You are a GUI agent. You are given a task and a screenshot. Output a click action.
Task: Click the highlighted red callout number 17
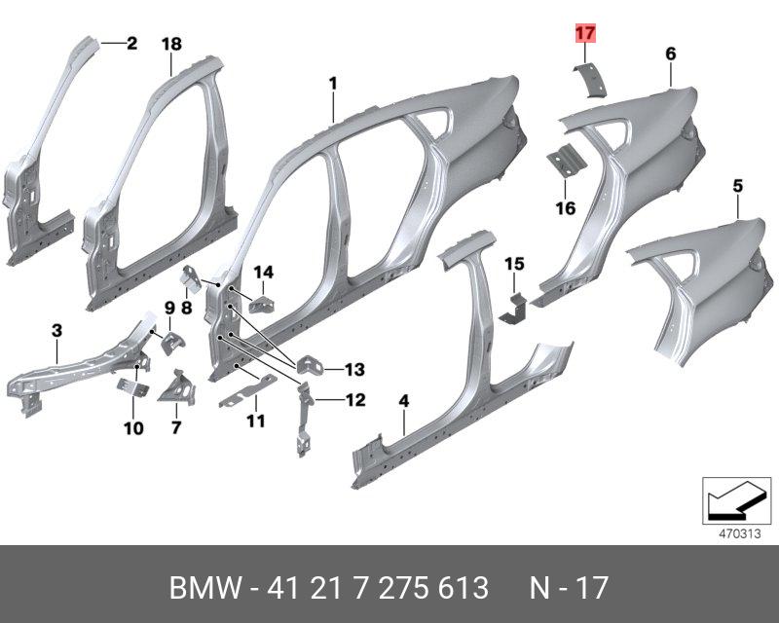pos(584,34)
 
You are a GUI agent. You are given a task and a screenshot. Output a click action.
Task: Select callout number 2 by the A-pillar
pos(131,43)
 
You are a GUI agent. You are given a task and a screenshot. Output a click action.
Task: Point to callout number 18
pos(171,44)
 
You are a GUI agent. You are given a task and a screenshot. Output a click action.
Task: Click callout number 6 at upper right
pos(671,55)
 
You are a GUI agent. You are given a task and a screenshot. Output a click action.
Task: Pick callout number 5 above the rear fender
pos(737,185)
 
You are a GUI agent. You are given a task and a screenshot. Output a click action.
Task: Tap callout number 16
pos(566,208)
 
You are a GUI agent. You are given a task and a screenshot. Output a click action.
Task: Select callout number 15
pos(514,264)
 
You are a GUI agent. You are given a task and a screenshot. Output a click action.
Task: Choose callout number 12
pos(354,399)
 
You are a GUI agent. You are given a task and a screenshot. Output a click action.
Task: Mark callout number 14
pos(264,272)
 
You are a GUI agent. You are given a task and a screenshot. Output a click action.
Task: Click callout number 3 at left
pos(56,332)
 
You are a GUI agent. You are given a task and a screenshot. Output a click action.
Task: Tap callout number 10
pos(133,427)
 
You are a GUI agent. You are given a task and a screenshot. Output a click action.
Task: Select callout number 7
pos(176,426)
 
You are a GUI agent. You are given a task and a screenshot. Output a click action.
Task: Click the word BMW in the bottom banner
pos(202,589)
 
